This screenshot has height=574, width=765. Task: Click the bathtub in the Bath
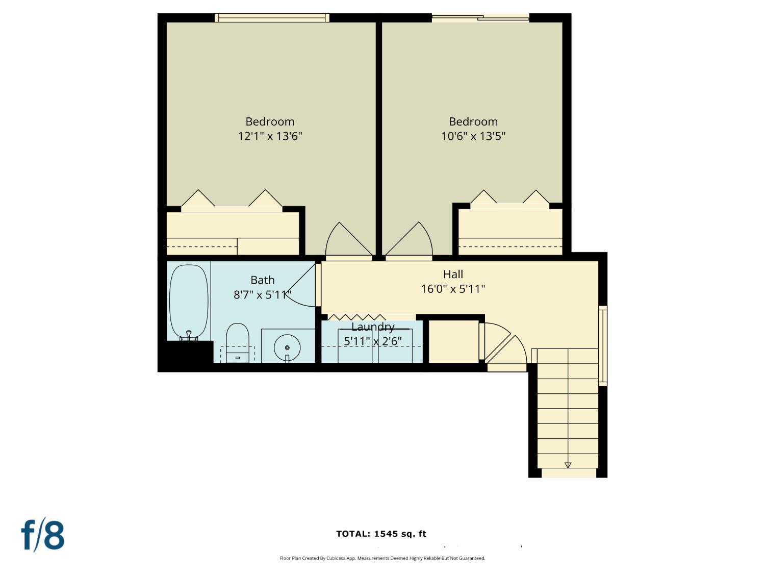[189, 301]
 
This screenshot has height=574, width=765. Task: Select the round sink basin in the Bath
[287, 347]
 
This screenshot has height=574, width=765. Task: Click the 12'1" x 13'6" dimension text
[270, 136]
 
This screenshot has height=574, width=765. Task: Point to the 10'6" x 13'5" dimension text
[473, 136]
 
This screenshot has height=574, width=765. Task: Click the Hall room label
[453, 274]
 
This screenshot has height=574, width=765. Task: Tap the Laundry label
[373, 327]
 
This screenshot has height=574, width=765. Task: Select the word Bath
[262, 280]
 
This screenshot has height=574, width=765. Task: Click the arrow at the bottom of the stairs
[568, 465]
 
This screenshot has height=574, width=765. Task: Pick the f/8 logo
[43, 535]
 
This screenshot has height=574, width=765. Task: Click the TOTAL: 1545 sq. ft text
[381, 534]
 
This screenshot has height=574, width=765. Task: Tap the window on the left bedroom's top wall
[272, 18]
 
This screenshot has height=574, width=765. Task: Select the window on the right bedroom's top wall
[480, 18]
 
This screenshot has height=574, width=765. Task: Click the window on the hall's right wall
[602, 345]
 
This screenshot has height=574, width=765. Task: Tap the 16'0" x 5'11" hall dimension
[453, 289]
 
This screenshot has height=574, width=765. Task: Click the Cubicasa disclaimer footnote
[382, 558]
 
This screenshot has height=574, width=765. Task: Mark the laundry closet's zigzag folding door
[357, 317]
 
